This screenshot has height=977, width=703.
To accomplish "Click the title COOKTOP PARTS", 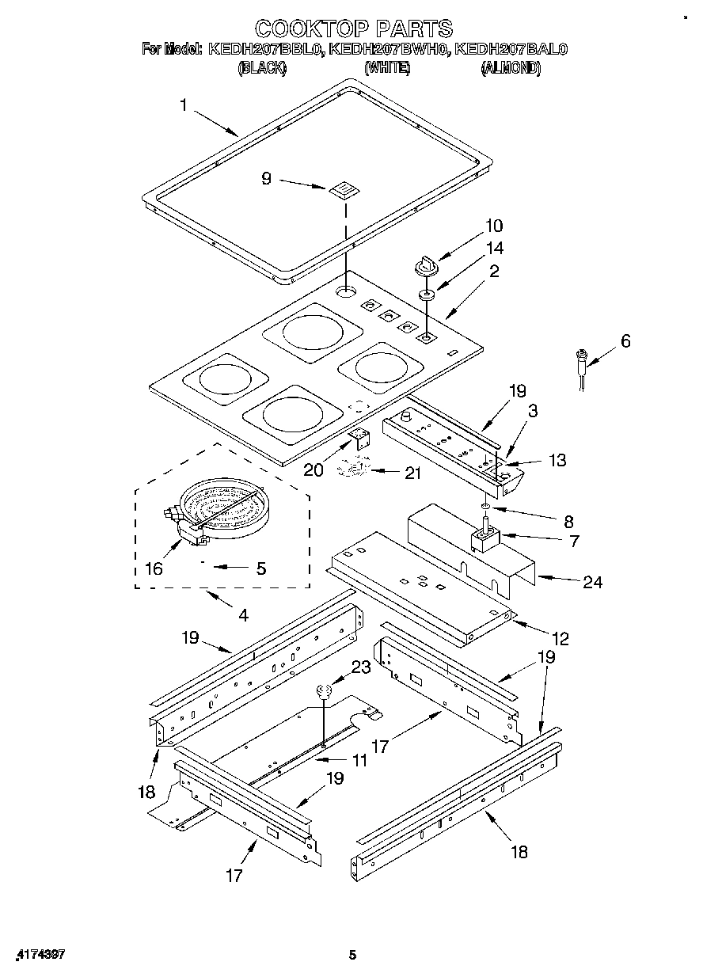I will (x=354, y=29).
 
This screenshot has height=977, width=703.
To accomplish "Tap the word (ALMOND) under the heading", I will (x=511, y=69).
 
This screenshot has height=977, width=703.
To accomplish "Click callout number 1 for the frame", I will (x=184, y=105).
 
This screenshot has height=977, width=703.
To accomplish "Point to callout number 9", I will (x=266, y=179).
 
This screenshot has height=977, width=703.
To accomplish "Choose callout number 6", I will (x=625, y=341).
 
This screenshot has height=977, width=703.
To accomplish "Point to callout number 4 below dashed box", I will (x=243, y=614).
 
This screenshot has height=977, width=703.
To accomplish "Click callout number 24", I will (x=593, y=583).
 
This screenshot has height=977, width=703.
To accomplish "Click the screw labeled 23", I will (x=323, y=692).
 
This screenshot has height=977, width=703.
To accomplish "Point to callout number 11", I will (x=359, y=760).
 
